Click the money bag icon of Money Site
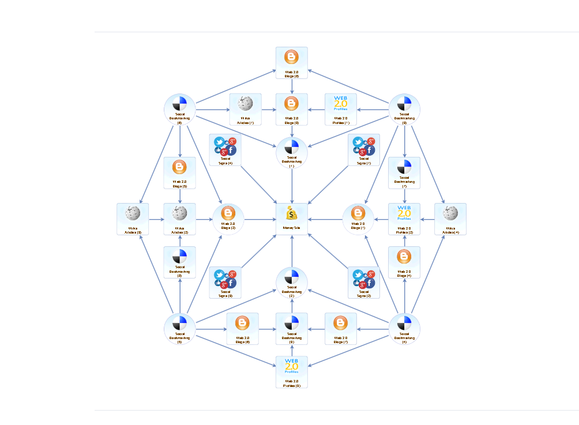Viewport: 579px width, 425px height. [292, 214]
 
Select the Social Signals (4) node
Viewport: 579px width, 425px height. [225, 150]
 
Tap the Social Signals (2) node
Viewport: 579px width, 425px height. [364, 282]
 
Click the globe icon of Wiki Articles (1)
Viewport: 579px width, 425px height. [246, 104]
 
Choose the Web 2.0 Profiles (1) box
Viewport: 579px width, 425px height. [341, 109]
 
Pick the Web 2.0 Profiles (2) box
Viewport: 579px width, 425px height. [404, 219]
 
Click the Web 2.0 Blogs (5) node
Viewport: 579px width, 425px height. [180, 173]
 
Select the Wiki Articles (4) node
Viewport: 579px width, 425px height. [450, 219]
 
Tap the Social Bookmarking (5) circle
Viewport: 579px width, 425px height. [180, 329]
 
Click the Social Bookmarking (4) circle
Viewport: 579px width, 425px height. [404, 329]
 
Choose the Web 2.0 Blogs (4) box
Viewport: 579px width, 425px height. [404, 262]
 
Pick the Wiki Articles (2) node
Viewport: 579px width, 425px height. [180, 219]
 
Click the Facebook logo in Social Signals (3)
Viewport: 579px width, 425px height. [231, 283]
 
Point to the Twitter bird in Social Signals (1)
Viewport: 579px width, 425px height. [358, 142]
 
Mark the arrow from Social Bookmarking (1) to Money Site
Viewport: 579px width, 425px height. [292, 185]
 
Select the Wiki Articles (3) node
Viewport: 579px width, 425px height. [133, 219]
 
